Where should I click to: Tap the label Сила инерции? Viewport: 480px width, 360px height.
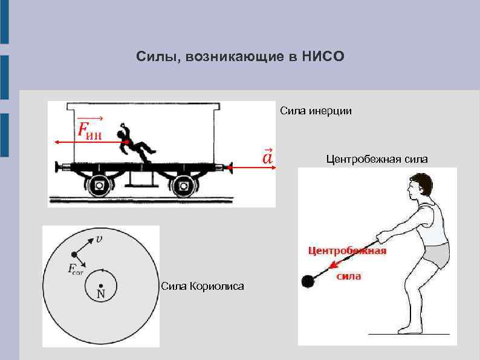315,111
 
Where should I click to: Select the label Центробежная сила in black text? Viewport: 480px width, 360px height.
377,159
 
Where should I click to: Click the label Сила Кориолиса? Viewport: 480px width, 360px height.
203,286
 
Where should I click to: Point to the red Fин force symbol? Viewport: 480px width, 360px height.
90,129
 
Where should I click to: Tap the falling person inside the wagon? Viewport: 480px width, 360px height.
134,144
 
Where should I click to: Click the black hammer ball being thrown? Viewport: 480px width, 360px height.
308,281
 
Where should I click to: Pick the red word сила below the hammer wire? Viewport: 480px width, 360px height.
349,276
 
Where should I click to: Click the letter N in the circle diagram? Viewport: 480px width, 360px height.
101,295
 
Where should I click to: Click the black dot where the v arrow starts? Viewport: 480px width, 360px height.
75,254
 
